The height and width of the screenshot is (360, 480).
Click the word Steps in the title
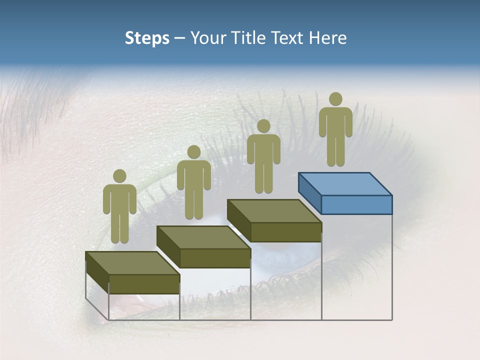147,38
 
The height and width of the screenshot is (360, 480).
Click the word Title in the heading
250,38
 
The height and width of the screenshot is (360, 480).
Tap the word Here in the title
327,38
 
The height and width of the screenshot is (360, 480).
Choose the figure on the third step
263,157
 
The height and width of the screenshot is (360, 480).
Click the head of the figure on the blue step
335,99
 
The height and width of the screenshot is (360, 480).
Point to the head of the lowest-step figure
119,176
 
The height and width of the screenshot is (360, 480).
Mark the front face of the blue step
356,204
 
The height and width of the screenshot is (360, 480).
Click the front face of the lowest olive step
144,284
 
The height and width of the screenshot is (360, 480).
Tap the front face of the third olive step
286,232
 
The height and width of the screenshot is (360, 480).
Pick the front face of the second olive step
215,258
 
